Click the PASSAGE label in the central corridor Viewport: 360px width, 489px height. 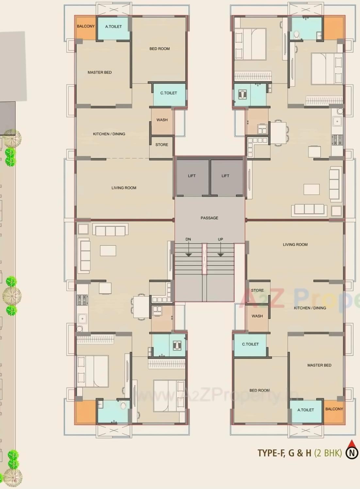(209, 218)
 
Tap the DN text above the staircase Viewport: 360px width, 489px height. (188, 239)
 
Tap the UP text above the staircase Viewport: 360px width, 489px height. (221, 239)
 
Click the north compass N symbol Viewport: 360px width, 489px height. (352, 453)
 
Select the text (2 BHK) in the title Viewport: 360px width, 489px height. (328, 453)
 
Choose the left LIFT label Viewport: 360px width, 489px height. (192, 176)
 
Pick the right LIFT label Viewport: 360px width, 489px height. (225, 176)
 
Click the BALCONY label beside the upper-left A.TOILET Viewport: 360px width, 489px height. (86, 26)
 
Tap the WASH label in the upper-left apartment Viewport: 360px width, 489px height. (162, 120)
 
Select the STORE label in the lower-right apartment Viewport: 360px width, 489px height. (257, 290)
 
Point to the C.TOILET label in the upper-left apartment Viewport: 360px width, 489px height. (169, 93)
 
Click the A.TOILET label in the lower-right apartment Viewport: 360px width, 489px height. (305, 410)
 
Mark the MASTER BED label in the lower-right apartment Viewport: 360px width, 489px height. (319, 365)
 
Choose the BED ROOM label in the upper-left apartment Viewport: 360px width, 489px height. (159, 49)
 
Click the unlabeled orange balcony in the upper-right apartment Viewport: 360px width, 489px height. (334, 28)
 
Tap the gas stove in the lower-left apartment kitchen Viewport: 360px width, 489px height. (82, 300)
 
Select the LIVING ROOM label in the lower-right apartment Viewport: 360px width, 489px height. (295, 245)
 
